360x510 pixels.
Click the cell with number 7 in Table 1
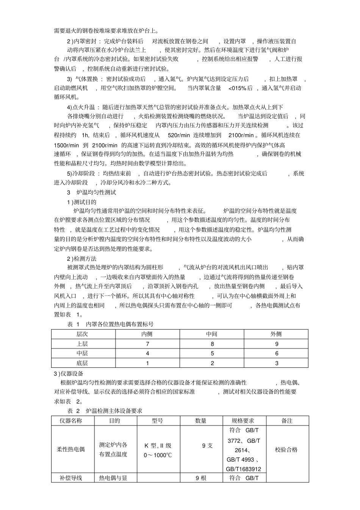click(147, 344)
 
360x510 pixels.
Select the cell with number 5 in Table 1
click(212, 353)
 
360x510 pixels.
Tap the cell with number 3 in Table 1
click(276, 363)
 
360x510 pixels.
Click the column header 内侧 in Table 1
click(147, 334)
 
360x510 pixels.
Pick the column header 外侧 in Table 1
click(276, 334)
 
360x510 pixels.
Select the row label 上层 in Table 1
click(82, 344)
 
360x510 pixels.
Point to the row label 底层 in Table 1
click(82, 363)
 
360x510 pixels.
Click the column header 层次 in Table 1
click(82, 334)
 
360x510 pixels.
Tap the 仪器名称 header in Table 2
click(71, 421)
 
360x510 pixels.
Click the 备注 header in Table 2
click(287, 421)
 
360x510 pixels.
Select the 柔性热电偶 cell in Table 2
click(71, 449)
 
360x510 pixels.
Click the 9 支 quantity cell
click(207, 446)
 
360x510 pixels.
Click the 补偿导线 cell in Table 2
click(71, 478)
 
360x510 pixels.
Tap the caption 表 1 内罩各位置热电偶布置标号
click(110, 324)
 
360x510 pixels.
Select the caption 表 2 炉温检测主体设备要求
click(105, 411)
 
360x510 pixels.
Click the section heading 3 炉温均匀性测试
click(91, 192)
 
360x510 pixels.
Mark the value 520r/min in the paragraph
click(179, 135)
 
